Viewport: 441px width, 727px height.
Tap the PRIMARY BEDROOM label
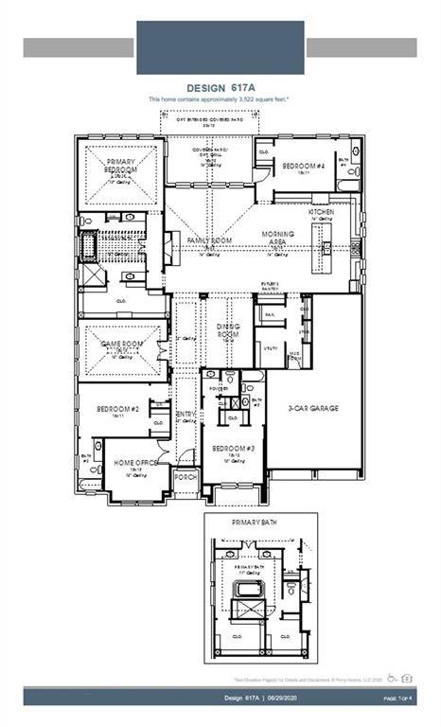121,168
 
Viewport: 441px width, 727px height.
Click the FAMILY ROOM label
209,241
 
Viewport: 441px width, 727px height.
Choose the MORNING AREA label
277,238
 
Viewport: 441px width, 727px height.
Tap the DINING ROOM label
227,330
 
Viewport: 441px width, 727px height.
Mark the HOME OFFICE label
134,463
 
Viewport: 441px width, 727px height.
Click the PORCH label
185,477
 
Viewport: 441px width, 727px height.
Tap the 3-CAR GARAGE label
313,409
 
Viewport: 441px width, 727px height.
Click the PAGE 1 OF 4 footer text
401,698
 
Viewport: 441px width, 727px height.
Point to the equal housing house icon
409,678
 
